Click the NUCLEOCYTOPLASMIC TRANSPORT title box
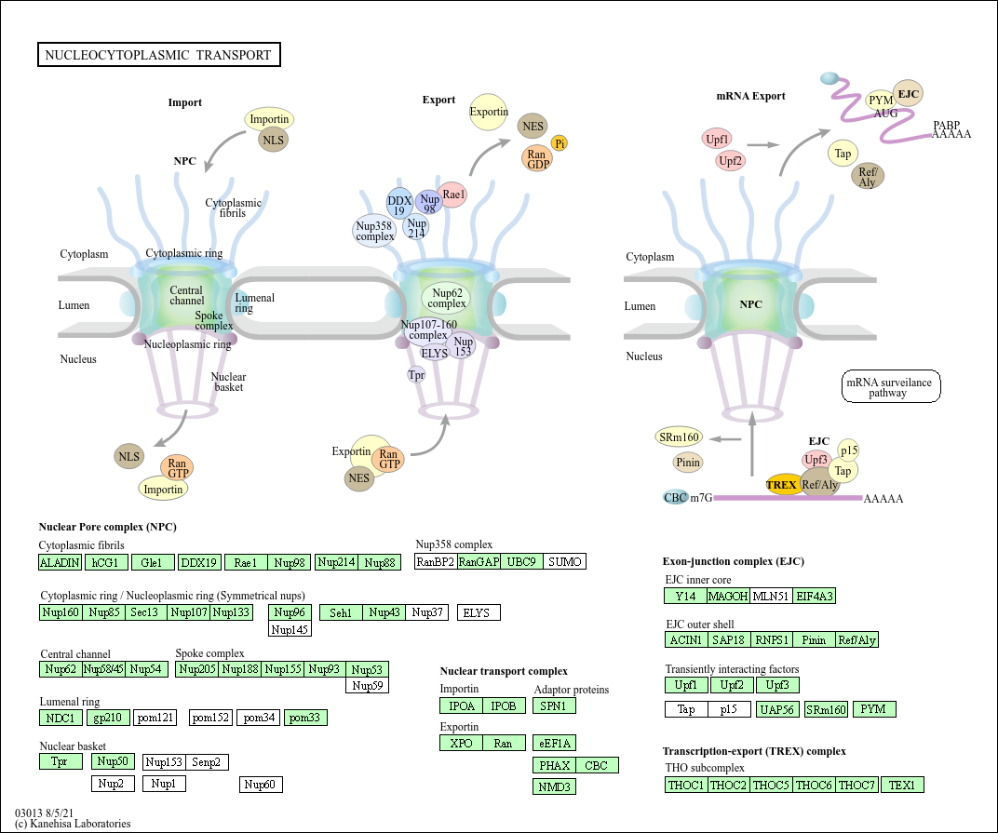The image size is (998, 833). pos(158,55)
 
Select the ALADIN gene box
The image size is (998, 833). pos(61,562)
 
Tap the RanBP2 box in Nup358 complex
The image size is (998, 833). pos(436,561)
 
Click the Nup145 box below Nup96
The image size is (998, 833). pos(290,629)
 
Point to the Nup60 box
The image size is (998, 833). pos(261,785)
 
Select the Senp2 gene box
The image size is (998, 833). pos(207,762)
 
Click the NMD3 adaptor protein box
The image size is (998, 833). pos(555,786)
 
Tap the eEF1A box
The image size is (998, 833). pos(555,743)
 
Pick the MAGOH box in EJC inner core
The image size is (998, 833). pos(728,596)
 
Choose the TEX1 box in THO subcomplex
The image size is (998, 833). pos(902,785)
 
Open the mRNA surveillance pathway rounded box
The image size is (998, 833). pos(891,386)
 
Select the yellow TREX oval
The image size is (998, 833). pos(782,484)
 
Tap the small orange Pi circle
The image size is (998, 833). pos(560,142)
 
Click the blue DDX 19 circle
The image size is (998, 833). pos(399,204)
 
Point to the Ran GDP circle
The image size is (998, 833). pos(537,158)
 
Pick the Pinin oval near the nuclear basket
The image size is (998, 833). pos(688,462)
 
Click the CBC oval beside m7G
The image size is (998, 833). pos(676,497)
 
